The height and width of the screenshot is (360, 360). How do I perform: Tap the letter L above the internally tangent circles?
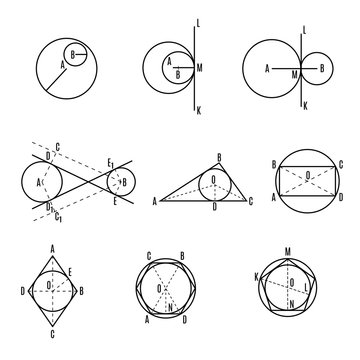pyautogui.click(x=198, y=21)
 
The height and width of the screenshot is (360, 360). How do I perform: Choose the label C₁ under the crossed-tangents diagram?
pyautogui.click(x=59, y=217)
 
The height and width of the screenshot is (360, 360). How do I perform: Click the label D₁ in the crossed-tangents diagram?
pyautogui.click(x=49, y=207)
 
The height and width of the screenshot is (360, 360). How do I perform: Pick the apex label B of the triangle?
pyautogui.click(x=219, y=156)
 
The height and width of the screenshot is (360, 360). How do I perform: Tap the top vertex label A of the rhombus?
pyautogui.click(x=52, y=251)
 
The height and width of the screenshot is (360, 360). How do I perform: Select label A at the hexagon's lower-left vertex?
pyautogui.click(x=148, y=321)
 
